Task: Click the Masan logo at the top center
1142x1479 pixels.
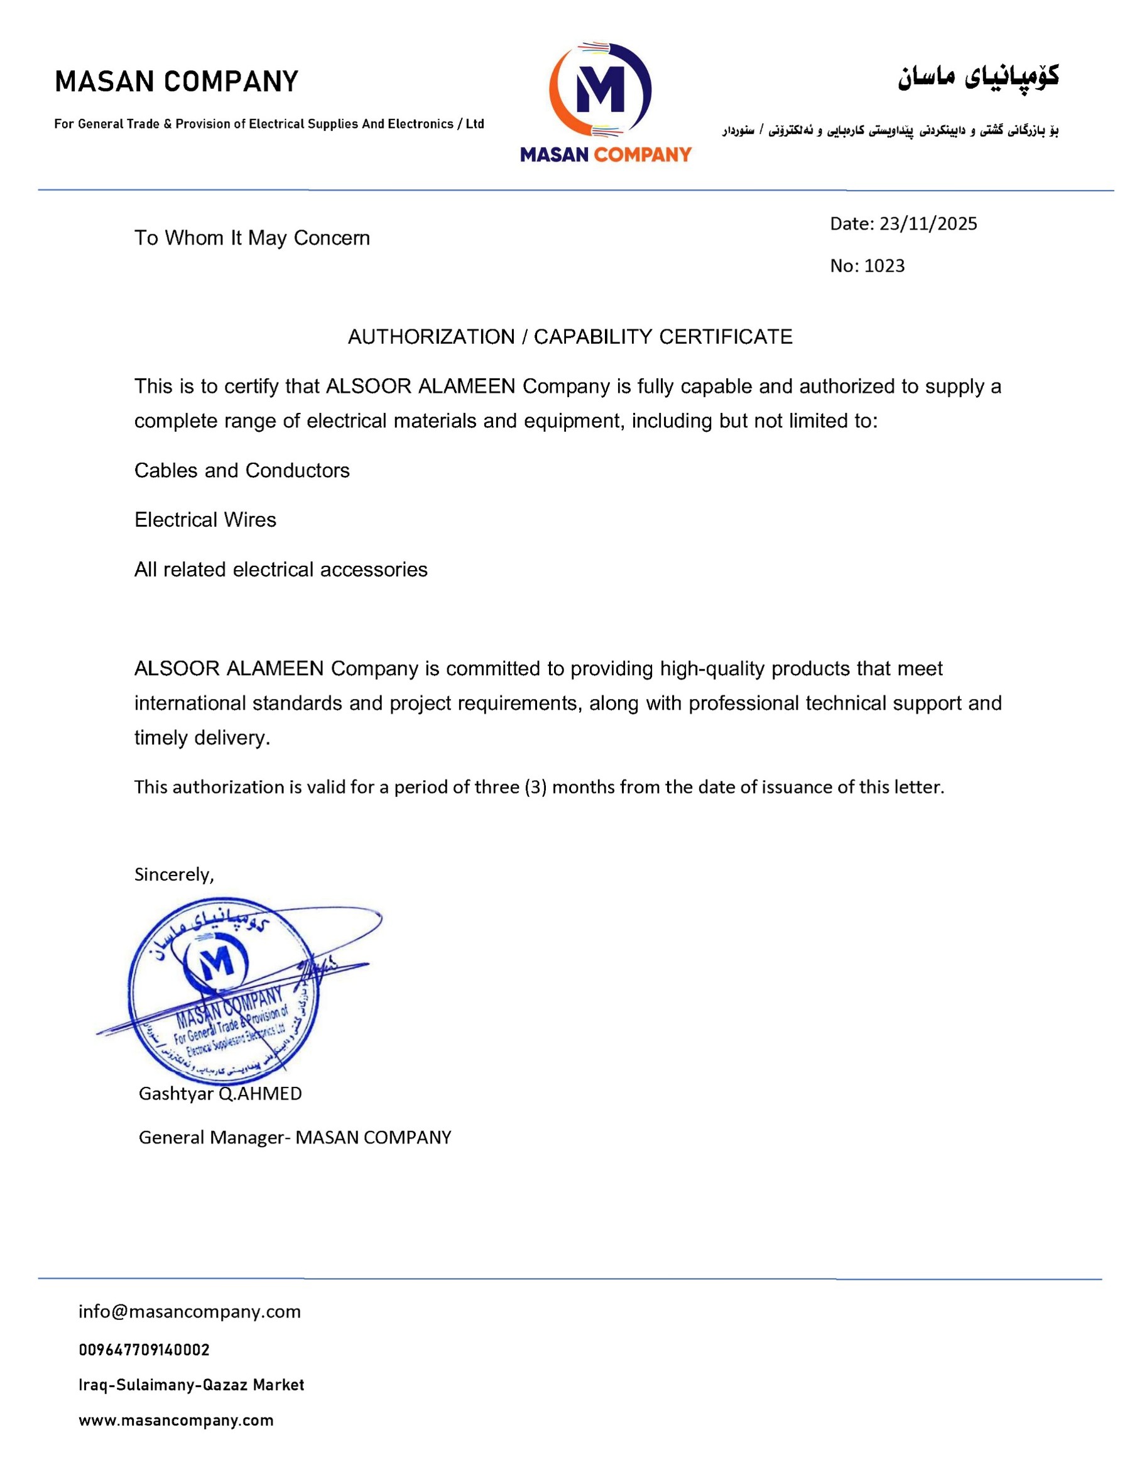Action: [604, 102]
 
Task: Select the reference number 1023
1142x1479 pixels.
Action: [884, 266]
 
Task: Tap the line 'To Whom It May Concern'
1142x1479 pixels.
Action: [252, 238]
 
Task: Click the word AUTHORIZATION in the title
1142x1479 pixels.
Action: [431, 338]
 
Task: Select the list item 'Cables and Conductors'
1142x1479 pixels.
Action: [242, 471]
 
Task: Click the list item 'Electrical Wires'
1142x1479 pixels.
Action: [205, 520]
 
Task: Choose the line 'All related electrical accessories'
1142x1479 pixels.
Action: [280, 570]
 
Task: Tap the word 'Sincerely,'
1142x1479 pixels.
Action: [174, 875]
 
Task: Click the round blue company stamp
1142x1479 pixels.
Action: [224, 992]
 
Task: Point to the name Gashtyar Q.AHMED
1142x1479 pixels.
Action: [220, 1094]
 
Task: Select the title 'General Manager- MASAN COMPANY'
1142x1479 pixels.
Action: [295, 1138]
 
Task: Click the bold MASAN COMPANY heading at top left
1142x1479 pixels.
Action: [176, 82]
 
